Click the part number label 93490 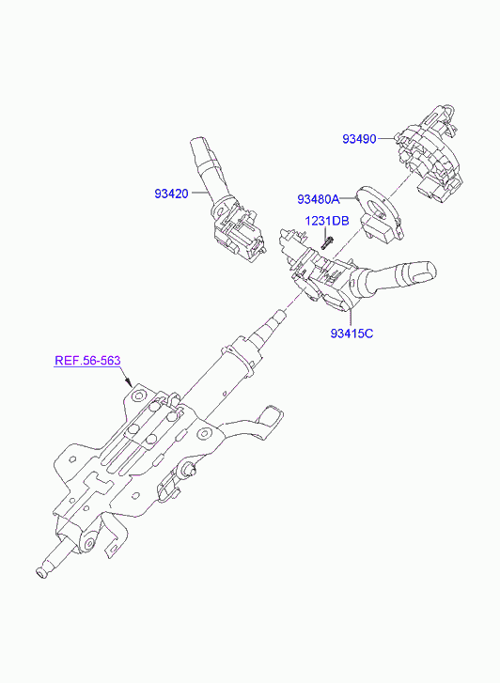click(x=359, y=139)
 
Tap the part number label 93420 click(x=171, y=194)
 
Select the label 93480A click(x=319, y=199)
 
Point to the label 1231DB click(x=326, y=221)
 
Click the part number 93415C click(x=352, y=334)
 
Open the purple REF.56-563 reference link click(x=87, y=361)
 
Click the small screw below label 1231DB click(x=327, y=241)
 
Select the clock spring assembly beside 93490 click(x=428, y=153)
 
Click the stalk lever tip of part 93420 click(x=198, y=147)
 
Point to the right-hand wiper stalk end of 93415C click(x=425, y=272)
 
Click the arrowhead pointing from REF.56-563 click(x=129, y=383)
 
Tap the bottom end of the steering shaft click(x=40, y=574)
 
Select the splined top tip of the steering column click(x=280, y=315)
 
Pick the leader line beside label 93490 click(x=385, y=138)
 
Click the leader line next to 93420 click(x=200, y=193)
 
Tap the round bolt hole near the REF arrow click(x=139, y=396)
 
